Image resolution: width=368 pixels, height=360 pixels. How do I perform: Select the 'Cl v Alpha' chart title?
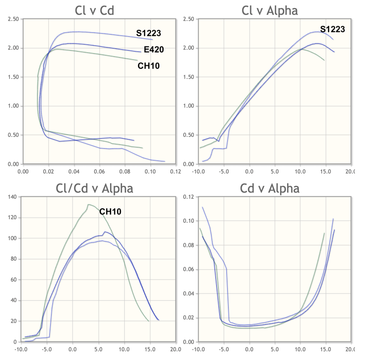pyautogui.click(x=270, y=10)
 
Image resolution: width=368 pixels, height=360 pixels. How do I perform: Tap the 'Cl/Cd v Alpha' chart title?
pyautogui.click(x=94, y=188)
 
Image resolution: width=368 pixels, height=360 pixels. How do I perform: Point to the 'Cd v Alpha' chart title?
pyautogui.click(x=270, y=188)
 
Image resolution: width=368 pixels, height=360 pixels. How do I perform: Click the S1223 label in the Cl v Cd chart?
pyautogui.click(x=148, y=33)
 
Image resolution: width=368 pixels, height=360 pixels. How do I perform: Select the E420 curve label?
pyautogui.click(x=154, y=50)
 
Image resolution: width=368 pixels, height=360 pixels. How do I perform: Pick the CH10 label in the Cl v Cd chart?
pyautogui.click(x=148, y=66)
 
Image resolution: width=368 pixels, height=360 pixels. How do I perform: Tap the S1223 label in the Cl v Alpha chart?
pyautogui.click(x=332, y=29)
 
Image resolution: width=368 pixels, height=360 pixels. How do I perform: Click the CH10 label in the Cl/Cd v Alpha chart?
pyautogui.click(x=110, y=212)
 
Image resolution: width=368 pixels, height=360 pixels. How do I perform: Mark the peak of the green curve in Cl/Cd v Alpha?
pyautogui.click(x=88, y=205)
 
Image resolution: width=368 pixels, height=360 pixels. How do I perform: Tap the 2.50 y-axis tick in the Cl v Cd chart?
pyautogui.click(x=13, y=19)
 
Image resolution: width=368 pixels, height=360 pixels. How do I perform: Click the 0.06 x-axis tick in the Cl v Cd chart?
pyautogui.click(x=99, y=171)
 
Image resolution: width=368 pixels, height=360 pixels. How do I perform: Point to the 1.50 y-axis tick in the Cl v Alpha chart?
pyautogui.click(x=189, y=77)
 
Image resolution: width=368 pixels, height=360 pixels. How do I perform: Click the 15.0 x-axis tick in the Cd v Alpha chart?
pyautogui.click(x=326, y=349)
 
